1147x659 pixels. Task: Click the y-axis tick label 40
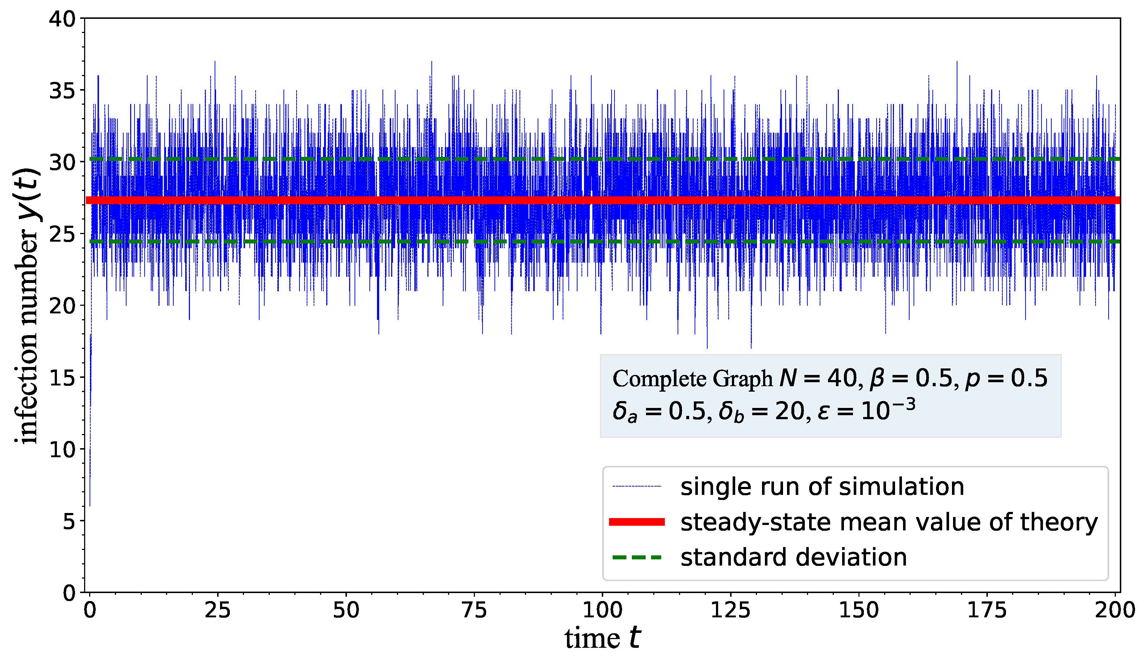(x=62, y=20)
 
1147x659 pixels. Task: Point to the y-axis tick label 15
(x=62, y=378)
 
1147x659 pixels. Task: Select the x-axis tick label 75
(x=474, y=610)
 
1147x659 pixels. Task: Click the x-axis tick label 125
(x=730, y=610)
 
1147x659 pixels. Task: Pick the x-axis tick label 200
(x=1114, y=610)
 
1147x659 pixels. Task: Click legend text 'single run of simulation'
(x=822, y=487)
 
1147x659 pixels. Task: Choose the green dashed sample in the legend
(x=637, y=557)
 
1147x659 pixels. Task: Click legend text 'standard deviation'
(x=793, y=557)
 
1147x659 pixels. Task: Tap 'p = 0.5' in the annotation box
(x=1006, y=378)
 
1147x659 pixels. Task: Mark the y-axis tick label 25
(x=62, y=234)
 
